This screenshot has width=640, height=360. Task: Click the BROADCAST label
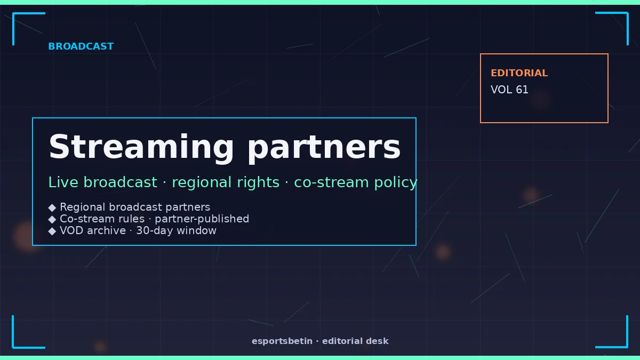[x=81, y=46]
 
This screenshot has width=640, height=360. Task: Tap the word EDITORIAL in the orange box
[x=519, y=73]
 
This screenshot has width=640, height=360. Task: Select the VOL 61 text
[x=509, y=90]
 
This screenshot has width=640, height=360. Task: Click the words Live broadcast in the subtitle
[x=103, y=182]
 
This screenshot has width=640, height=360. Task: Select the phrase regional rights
[x=226, y=182]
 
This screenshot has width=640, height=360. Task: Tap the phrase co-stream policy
[x=356, y=183]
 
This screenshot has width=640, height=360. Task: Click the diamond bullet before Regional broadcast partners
[x=52, y=207]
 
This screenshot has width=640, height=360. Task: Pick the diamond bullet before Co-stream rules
[x=52, y=219]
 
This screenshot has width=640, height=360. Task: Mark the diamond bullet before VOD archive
[x=52, y=231]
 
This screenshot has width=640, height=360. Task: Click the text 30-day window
[x=176, y=230]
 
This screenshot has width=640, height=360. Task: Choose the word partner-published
[x=202, y=219]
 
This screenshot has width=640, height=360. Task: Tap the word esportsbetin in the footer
[x=282, y=341]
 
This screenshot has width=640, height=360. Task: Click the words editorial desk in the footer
[x=355, y=341]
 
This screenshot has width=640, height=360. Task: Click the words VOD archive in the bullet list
[x=93, y=230]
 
